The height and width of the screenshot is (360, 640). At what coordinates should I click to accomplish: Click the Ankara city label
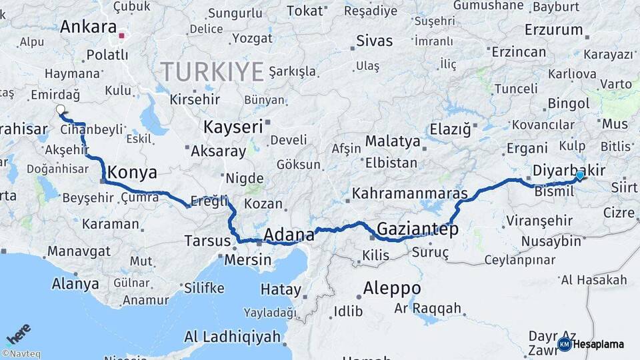pos(88,27)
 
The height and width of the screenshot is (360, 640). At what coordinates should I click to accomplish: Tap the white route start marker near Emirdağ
pos(61,109)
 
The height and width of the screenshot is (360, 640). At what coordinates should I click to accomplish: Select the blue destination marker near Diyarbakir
pos(580,175)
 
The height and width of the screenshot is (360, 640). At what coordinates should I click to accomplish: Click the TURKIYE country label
pos(211,71)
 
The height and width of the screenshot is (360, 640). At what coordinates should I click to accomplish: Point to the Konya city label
pos(132,173)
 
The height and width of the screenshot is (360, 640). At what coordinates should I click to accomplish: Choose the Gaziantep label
pos(417,230)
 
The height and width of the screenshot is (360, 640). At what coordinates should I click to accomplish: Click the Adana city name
pos(289,235)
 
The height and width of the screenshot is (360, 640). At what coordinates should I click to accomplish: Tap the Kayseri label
pos(233,127)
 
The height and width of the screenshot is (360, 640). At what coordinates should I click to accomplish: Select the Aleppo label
pos(392,289)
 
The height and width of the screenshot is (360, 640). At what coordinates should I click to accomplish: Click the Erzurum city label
pos(553,30)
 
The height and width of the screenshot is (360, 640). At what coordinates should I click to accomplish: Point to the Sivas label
pos(375,41)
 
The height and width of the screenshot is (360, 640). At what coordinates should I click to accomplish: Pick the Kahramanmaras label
pos(409,194)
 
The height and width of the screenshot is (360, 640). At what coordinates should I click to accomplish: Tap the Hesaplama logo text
pos(599,344)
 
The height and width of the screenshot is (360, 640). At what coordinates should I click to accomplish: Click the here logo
pos(18,333)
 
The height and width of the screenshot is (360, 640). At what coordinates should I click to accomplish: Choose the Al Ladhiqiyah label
pos(232,337)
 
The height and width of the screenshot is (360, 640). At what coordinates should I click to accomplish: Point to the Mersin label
pos(248,259)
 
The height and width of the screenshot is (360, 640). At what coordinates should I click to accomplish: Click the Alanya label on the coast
pos(75,284)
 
